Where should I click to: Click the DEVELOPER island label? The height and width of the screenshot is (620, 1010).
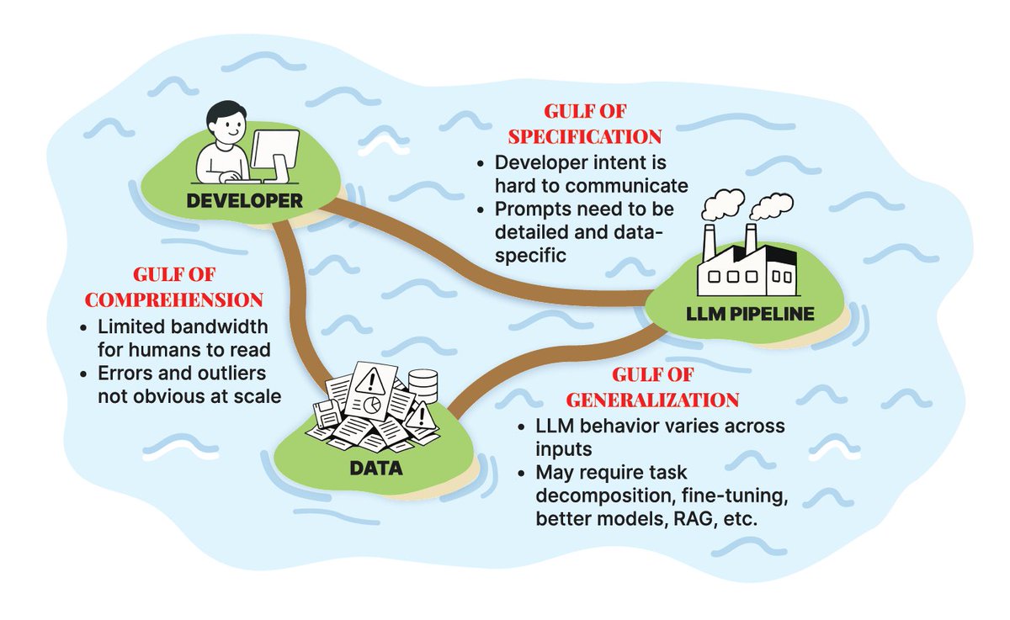[x=245, y=202]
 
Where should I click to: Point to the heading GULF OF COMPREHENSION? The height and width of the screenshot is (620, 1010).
[x=198, y=287]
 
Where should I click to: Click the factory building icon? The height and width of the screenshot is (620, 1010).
[x=747, y=261]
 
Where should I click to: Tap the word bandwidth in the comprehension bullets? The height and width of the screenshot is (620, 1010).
[x=218, y=327]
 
